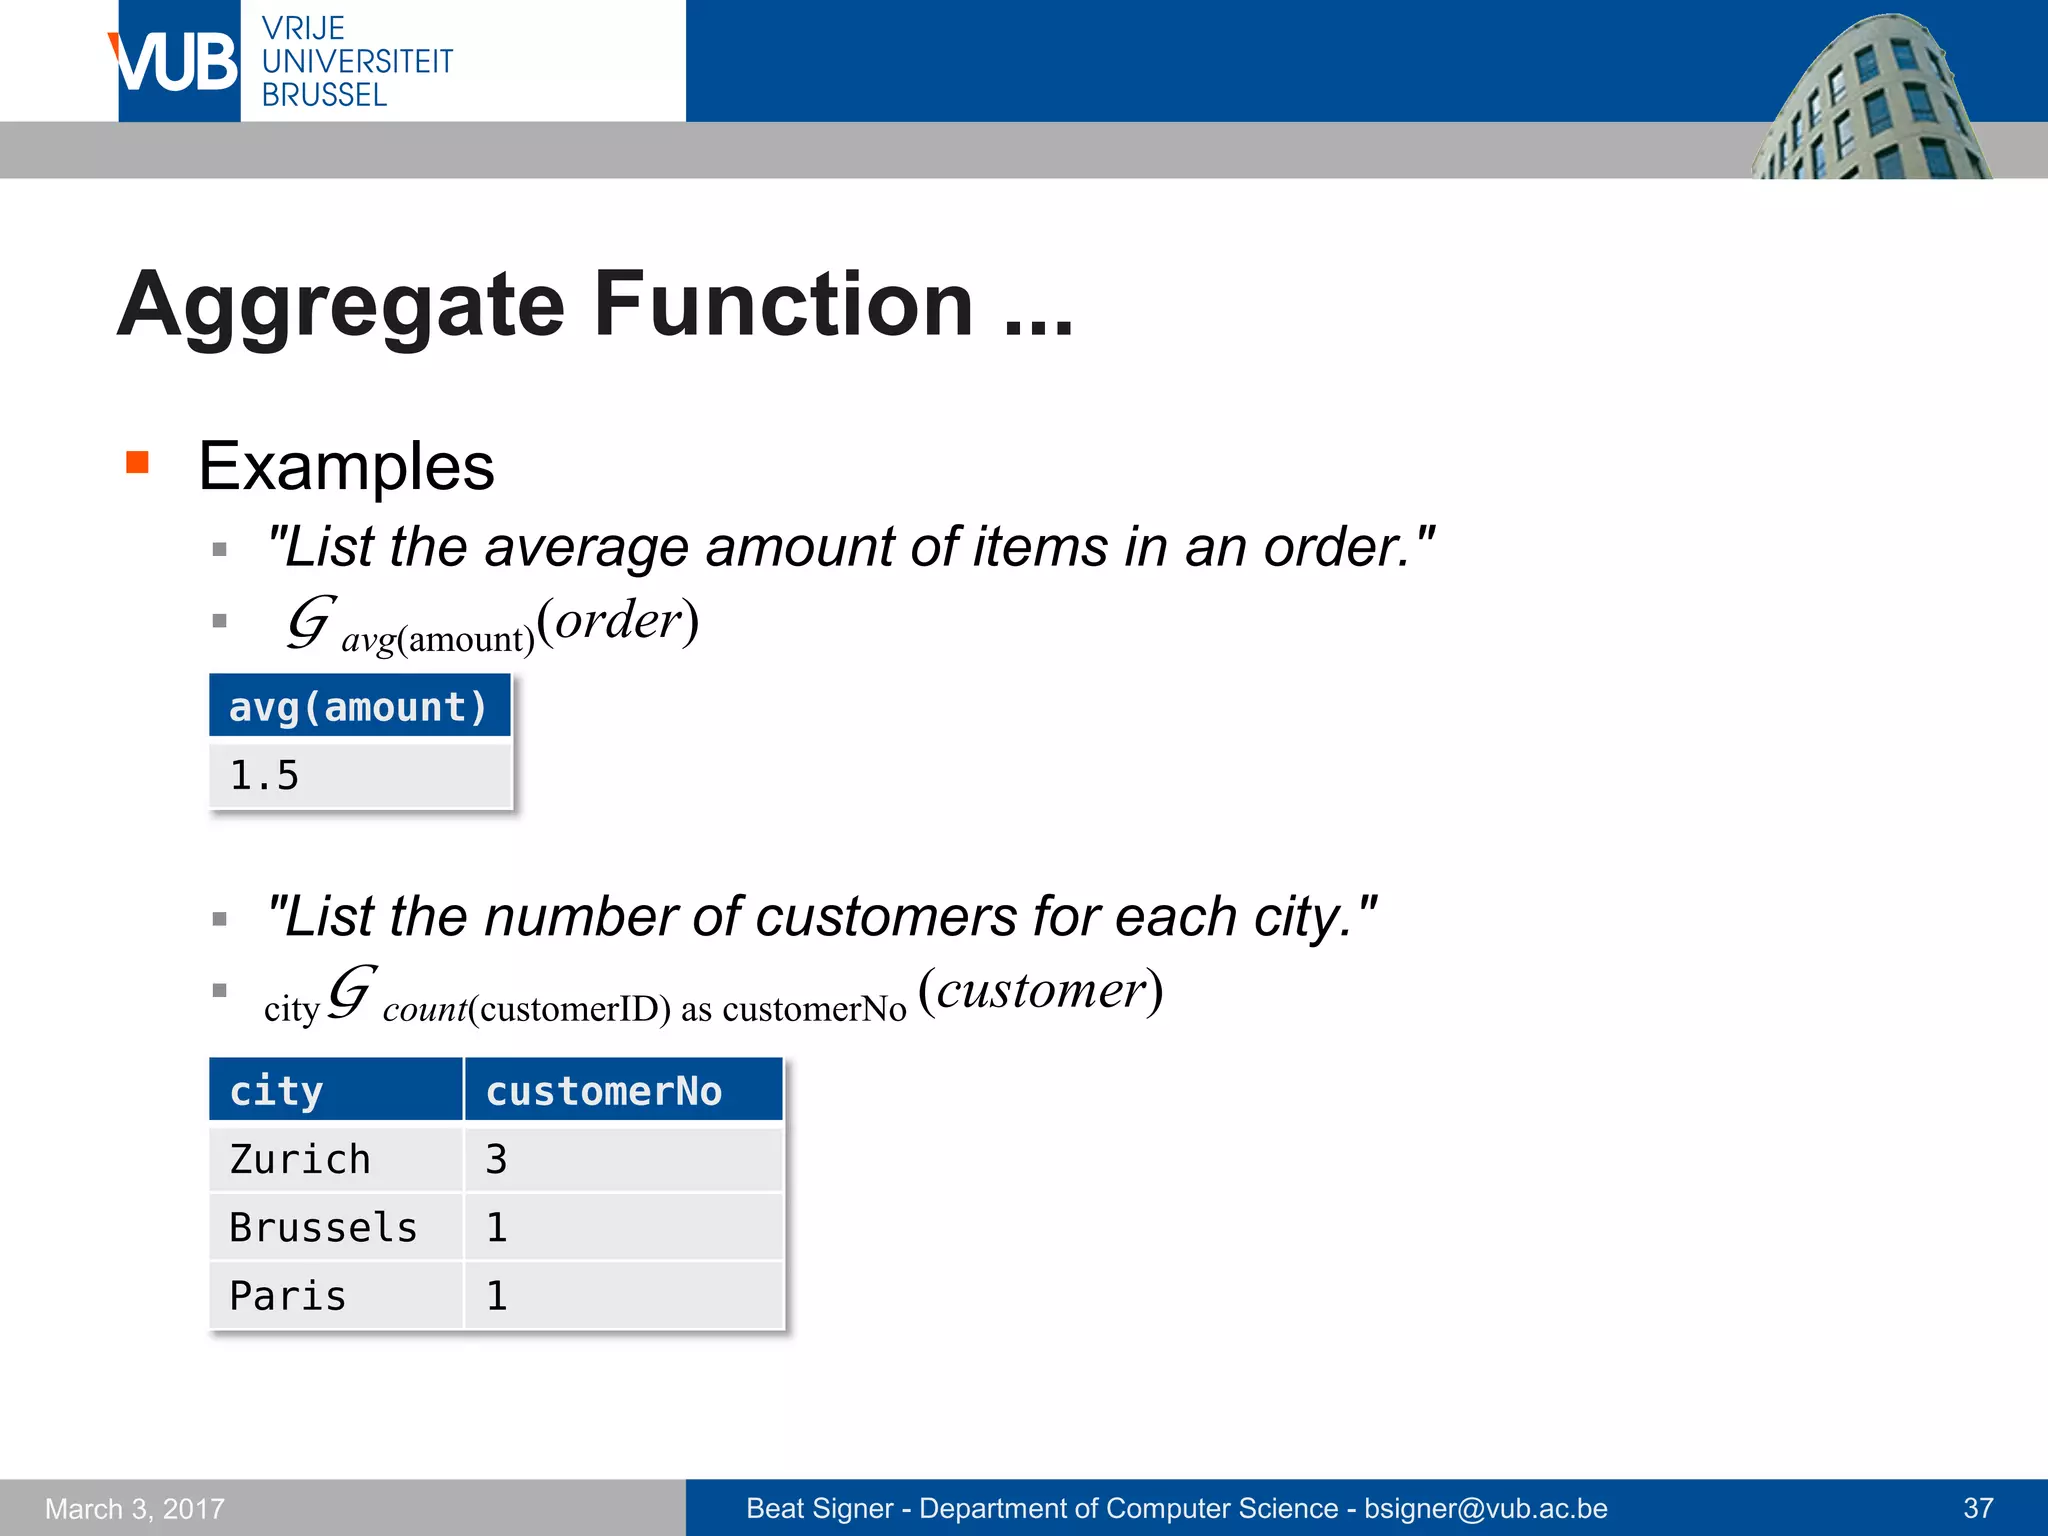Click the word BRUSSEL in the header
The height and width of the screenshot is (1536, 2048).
click(324, 96)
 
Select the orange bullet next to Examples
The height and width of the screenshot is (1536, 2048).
click(137, 462)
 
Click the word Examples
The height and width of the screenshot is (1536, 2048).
click(346, 466)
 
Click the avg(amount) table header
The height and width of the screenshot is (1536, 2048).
click(359, 707)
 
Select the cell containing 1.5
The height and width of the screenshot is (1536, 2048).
click(359, 775)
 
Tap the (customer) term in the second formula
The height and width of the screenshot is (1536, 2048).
click(1040, 990)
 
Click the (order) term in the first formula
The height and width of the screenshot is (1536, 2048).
click(617, 620)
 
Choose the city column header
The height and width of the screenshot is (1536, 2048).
click(335, 1090)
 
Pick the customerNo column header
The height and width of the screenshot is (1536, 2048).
click(622, 1090)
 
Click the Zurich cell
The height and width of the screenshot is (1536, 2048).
click(335, 1159)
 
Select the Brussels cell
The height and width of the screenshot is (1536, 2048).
click(335, 1227)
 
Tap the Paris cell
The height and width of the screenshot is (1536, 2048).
click(335, 1295)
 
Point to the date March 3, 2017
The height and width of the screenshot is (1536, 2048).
click(135, 1508)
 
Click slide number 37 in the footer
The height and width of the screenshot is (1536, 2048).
click(1978, 1508)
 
